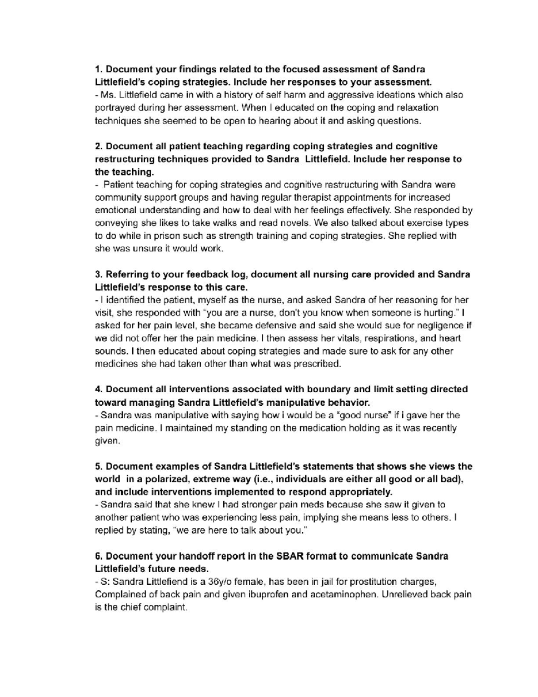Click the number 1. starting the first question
(x=99, y=69)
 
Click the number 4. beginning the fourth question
(x=99, y=389)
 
